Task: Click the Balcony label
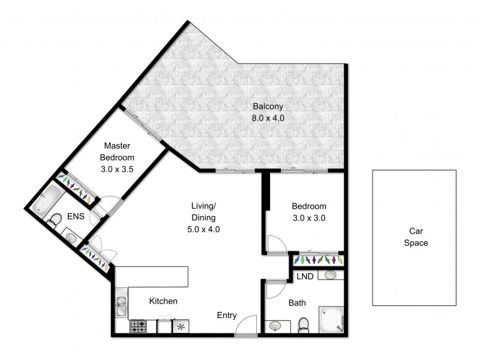tap(267, 107)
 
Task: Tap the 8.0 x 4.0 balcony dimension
tap(267, 118)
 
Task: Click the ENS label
tap(75, 216)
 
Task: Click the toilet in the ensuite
tap(55, 220)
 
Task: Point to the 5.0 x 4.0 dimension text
tap(203, 229)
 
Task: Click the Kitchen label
tap(163, 301)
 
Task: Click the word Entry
tap(227, 316)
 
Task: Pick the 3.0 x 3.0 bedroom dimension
tap(308, 218)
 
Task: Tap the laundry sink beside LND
tap(329, 275)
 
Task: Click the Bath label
tap(298, 303)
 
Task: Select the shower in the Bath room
tap(331, 320)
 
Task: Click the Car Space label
tap(413, 237)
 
